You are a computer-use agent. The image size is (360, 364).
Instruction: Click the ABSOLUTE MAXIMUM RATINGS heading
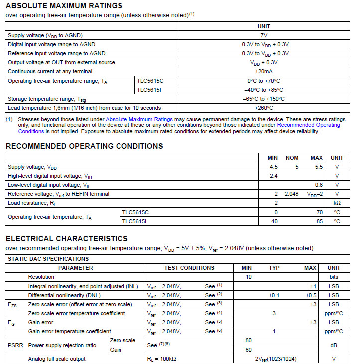[x=64, y=6]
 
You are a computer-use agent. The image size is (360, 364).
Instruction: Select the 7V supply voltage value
[x=264, y=35]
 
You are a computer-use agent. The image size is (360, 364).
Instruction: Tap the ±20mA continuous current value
[x=264, y=71]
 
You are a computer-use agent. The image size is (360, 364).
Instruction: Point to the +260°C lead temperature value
[x=264, y=108]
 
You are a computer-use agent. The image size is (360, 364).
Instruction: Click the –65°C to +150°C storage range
[x=264, y=99]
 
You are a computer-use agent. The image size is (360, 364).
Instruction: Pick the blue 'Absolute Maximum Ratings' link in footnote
[x=139, y=120]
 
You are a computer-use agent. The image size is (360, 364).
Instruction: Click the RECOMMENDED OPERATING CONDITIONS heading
[x=84, y=146]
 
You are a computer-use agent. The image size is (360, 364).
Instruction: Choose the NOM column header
[x=292, y=158]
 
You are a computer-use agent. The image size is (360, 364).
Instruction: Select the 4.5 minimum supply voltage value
[x=274, y=167]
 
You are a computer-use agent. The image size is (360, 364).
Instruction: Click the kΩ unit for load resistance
[x=337, y=203]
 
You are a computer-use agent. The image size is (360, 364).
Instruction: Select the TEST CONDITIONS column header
[x=189, y=268]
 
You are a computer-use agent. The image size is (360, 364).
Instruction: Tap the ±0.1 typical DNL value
[x=274, y=295]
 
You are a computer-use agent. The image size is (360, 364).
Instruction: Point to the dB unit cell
[x=334, y=345]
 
